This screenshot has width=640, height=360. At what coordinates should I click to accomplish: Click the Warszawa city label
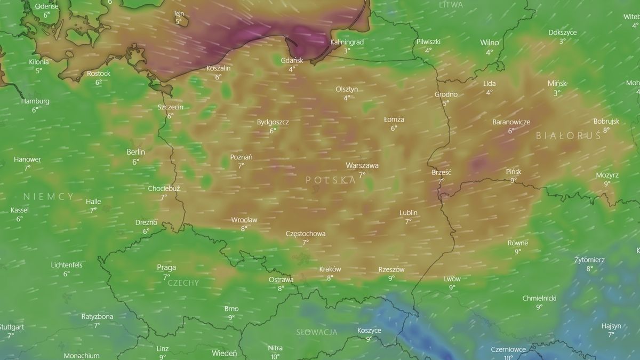coord(362,165)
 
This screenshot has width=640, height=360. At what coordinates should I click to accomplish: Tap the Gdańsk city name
coord(292,60)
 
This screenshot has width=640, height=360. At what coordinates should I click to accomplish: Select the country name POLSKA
coord(331,180)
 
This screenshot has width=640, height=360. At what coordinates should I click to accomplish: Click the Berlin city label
coord(135,152)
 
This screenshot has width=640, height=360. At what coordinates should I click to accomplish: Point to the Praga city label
coord(166,268)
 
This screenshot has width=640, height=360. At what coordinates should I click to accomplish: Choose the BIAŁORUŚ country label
coord(568,136)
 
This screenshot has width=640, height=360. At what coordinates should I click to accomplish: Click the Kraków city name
coord(330,269)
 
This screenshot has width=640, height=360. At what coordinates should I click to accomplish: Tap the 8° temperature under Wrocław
coord(244,228)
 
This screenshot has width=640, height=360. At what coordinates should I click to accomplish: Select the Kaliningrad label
coord(347,42)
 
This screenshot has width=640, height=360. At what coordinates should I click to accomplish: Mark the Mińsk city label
coord(557,83)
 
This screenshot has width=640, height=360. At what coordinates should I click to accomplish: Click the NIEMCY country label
coord(48,196)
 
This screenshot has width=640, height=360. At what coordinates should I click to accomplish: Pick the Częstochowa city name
coord(306,234)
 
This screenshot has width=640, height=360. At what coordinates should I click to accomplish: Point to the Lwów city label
coord(452,279)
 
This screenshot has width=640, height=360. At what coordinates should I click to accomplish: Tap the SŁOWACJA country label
coord(317,332)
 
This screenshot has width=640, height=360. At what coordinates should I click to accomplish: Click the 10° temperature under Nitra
coord(275,357)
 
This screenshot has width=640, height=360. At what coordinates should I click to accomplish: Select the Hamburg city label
coord(35,101)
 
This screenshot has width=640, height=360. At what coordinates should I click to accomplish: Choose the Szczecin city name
coord(170,107)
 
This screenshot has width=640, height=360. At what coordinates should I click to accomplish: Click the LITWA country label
coord(451,5)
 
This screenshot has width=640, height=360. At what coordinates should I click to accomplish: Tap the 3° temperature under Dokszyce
coord(562,41)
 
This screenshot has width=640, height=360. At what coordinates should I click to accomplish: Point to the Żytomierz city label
coord(589,260)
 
